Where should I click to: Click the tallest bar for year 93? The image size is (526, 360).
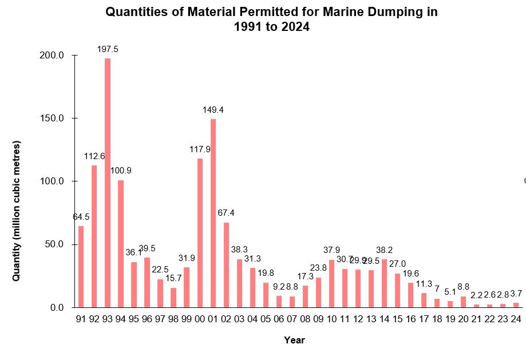(108, 183)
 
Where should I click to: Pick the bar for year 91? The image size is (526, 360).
(81, 267)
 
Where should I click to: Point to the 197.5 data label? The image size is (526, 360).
(108, 50)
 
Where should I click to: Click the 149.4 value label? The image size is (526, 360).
(213, 109)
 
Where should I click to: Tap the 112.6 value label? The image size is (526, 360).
(94, 156)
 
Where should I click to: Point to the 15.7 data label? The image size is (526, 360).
(173, 279)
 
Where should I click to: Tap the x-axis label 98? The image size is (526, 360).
(173, 319)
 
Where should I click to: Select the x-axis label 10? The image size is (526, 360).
(332, 319)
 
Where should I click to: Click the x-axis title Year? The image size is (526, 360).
(294, 340)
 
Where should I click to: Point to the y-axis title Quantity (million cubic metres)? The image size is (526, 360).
(17, 210)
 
